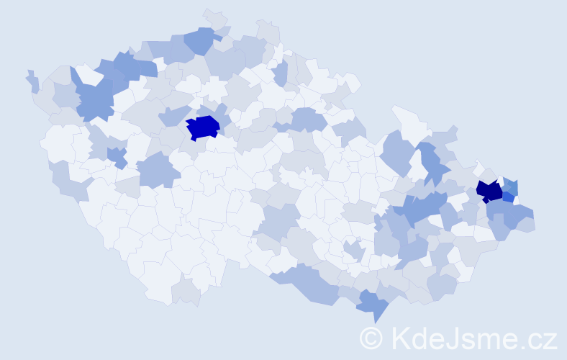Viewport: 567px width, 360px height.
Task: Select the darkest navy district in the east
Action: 489,191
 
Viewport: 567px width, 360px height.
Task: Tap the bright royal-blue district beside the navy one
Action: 508,197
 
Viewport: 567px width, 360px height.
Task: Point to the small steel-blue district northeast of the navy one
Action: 510,185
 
